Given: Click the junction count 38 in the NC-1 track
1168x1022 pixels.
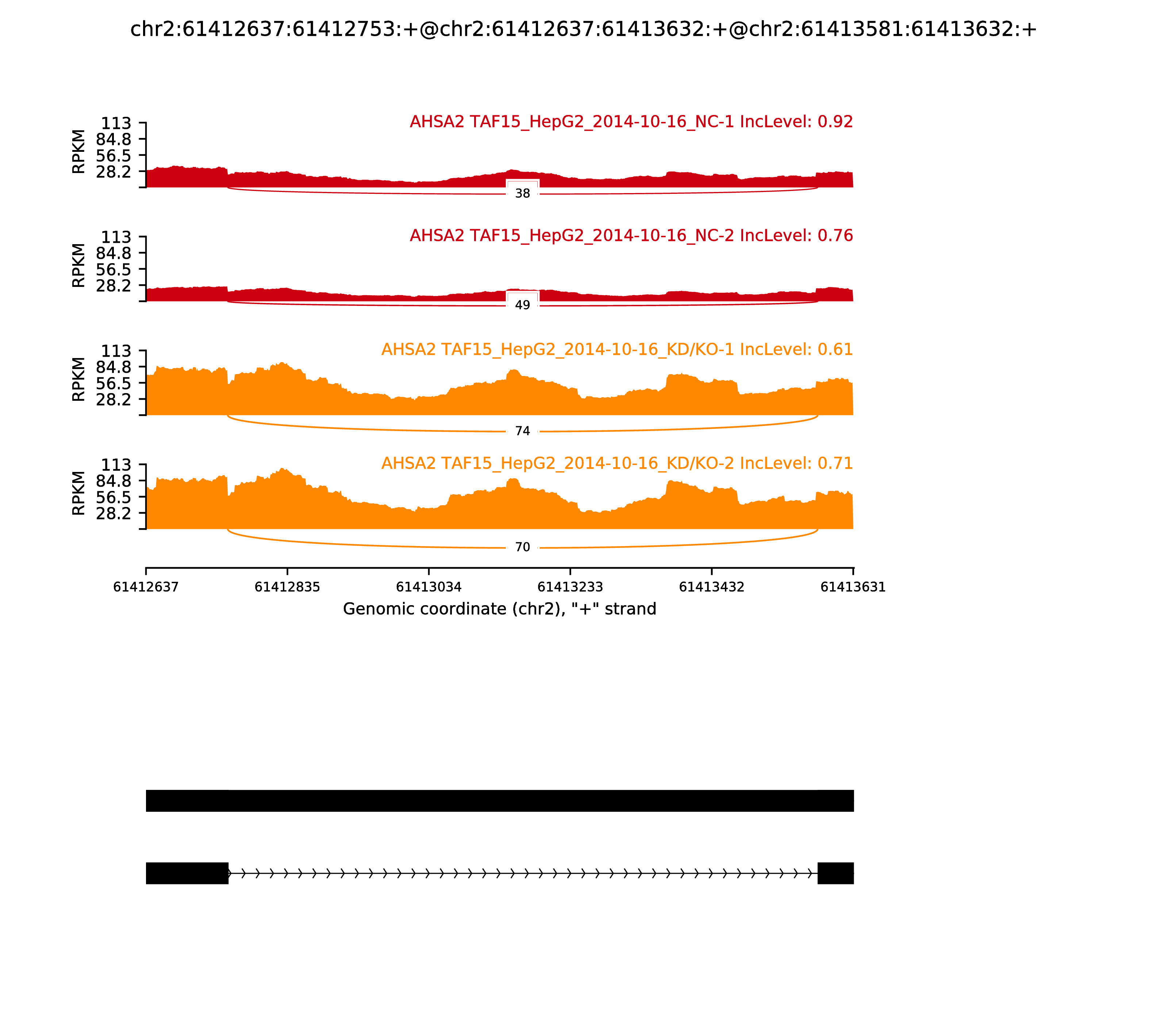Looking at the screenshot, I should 522,194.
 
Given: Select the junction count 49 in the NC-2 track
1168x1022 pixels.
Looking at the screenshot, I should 522,305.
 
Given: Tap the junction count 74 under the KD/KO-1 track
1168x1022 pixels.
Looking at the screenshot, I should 522,431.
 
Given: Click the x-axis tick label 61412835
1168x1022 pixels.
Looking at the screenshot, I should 288,587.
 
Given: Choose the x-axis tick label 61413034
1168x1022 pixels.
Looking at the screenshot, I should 429,587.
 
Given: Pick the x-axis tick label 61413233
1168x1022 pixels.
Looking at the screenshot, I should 570,587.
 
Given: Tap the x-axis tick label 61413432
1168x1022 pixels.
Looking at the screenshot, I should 712,587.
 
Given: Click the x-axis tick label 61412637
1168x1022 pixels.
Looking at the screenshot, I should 146,587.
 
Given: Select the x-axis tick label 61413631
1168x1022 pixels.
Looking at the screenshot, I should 853,587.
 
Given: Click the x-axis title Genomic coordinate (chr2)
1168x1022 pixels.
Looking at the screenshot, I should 500,609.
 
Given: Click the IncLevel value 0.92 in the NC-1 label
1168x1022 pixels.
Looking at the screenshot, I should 835,122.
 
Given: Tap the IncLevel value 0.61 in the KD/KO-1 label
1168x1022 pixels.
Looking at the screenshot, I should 835,350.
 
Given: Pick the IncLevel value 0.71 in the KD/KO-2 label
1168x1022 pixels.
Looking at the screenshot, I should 835,463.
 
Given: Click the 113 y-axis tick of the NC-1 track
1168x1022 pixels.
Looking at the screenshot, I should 116,123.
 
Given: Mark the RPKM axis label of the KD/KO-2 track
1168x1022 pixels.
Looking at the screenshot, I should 79,493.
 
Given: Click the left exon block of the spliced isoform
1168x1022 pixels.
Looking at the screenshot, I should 187,873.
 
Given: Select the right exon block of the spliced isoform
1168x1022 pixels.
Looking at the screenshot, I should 835,873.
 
